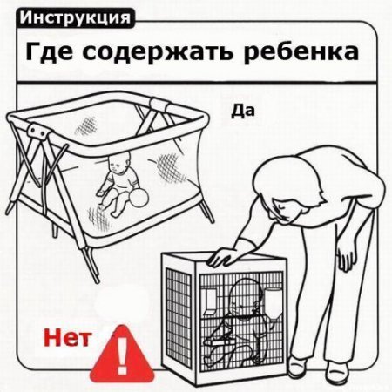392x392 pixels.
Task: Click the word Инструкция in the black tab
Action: pyautogui.click(x=75, y=18)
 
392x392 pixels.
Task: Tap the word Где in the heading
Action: pyautogui.click(x=49, y=52)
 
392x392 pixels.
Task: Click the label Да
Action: pyautogui.click(x=243, y=112)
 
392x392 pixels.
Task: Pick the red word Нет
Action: pyautogui.click(x=67, y=338)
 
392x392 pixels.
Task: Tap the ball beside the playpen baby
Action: pyautogui.click(x=139, y=198)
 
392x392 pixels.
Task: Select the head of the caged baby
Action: pyautogui.click(x=242, y=297)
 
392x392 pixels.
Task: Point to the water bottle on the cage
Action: pyautogui.click(x=273, y=303)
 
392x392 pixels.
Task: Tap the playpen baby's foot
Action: pyautogui.click(x=115, y=214)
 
